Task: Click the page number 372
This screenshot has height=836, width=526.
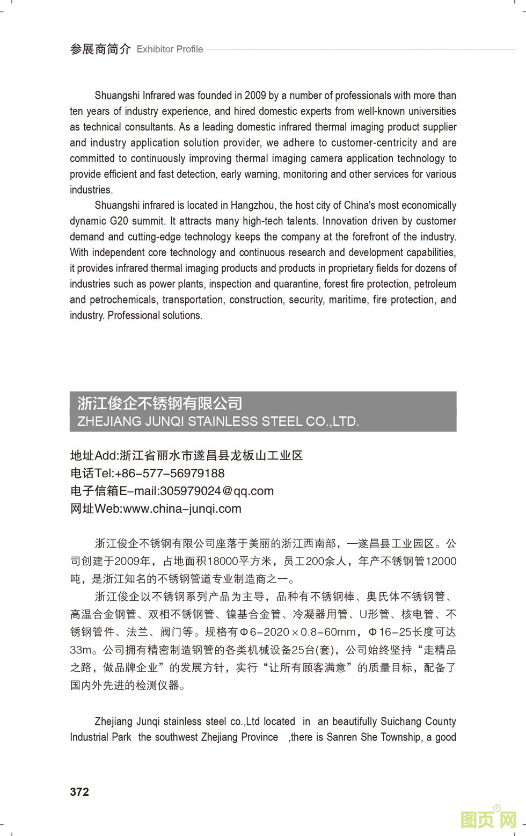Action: click(x=79, y=792)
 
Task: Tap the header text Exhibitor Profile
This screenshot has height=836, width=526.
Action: click(x=170, y=49)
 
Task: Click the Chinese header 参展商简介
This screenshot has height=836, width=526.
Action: click(x=100, y=49)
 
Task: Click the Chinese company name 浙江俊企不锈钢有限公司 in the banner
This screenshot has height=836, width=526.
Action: click(x=159, y=403)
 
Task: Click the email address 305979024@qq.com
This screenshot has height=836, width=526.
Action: click(x=217, y=491)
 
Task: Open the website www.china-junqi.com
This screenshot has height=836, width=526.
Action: click(x=182, y=508)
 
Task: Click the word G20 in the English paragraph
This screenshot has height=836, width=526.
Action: click(x=119, y=221)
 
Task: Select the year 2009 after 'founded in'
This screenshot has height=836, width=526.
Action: click(x=255, y=96)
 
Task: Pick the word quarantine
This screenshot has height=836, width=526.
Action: click(x=297, y=284)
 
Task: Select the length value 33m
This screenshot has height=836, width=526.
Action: click(x=81, y=650)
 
